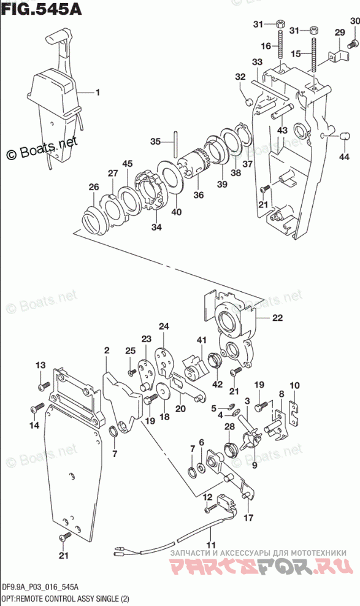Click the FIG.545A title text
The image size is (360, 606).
click(41, 9)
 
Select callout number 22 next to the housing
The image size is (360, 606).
click(277, 318)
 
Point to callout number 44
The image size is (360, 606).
click(344, 156)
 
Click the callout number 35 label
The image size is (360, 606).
click(155, 142)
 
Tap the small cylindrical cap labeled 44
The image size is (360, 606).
click(343, 136)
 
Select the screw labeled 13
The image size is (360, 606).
click(44, 385)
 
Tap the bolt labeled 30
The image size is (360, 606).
click(352, 45)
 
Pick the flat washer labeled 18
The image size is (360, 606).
click(164, 393)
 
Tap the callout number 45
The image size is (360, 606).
click(128, 163)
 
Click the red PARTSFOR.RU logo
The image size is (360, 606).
click(262, 567)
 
